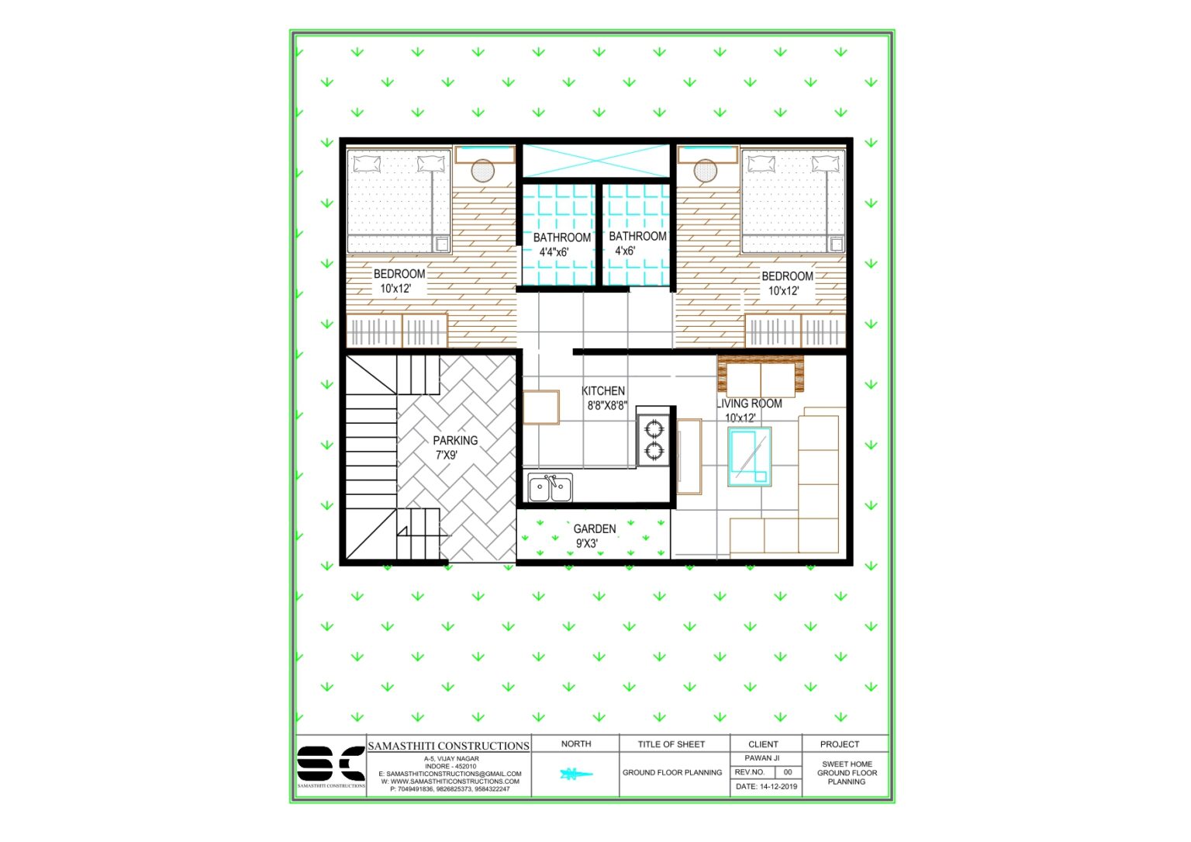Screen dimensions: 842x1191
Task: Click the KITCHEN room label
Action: click(x=603, y=391)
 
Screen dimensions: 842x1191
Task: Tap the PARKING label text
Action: click(x=455, y=440)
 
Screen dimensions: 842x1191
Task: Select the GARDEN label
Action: click(x=595, y=529)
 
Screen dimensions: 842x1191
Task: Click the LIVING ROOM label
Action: click(x=749, y=404)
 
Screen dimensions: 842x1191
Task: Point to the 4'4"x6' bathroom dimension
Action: click(x=554, y=252)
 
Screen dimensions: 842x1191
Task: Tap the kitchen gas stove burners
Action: click(x=653, y=439)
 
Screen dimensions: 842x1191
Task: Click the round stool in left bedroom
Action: click(x=483, y=171)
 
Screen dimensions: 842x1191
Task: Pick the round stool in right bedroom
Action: click(x=706, y=170)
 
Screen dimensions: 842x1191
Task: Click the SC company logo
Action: click(x=331, y=764)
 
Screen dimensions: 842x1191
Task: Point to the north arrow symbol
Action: click(x=575, y=774)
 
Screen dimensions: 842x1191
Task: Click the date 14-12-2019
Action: click(x=766, y=786)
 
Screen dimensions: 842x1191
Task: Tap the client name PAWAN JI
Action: click(x=762, y=758)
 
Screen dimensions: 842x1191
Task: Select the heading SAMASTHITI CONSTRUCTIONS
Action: click(x=448, y=746)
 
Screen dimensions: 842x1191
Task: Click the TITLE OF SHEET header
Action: click(x=671, y=744)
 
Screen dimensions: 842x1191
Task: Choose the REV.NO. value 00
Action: click(x=788, y=772)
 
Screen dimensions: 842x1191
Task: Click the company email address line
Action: click(x=450, y=774)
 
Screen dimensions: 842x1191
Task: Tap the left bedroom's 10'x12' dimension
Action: click(x=395, y=289)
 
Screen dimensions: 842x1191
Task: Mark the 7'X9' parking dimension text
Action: click(x=446, y=456)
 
